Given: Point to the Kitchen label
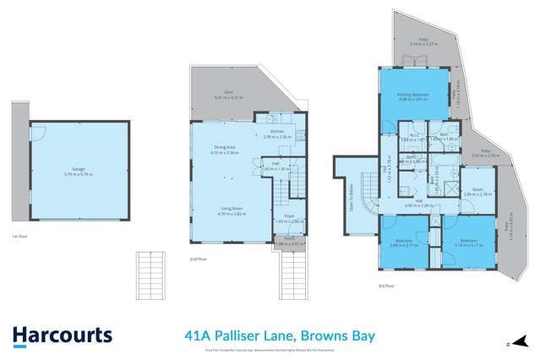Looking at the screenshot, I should pos(281,134).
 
